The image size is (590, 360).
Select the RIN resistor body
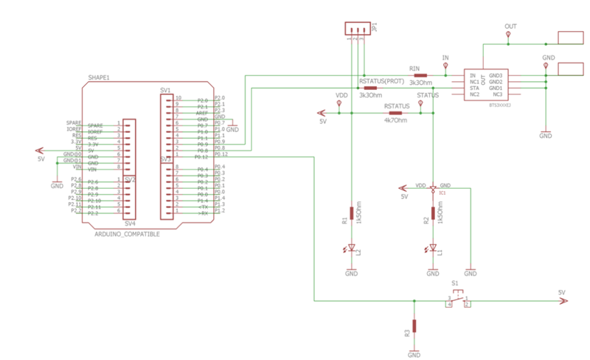(x=420, y=75)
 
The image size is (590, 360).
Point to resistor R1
(x=351, y=213)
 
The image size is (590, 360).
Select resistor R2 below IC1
(x=433, y=213)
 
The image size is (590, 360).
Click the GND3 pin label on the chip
(x=496, y=75)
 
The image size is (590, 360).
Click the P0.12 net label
(x=221, y=155)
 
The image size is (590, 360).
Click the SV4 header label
(x=129, y=223)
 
